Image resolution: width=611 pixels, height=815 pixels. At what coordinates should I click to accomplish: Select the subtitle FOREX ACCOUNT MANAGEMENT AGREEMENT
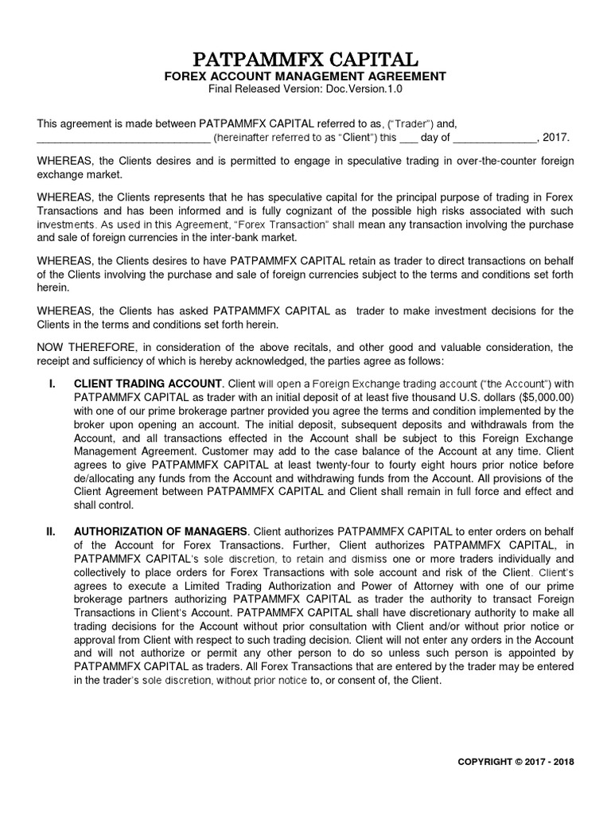coord(305,76)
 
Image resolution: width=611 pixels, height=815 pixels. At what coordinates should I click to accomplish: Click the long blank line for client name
coord(123,138)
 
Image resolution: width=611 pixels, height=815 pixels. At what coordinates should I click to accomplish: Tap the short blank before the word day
coord(407,138)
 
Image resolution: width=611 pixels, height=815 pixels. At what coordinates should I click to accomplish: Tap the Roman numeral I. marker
coord(52,384)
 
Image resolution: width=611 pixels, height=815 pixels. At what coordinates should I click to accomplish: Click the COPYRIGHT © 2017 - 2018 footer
coord(516,761)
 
